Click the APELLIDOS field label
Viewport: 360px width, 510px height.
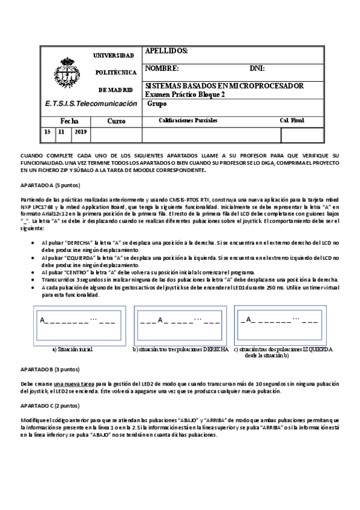[x=166, y=51]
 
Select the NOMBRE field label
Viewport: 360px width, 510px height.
[x=162, y=69]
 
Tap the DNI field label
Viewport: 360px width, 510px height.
[x=257, y=69]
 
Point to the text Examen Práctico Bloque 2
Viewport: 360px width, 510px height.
[x=185, y=94]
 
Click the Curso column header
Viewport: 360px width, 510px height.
[x=116, y=121]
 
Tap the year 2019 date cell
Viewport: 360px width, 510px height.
[x=80, y=132]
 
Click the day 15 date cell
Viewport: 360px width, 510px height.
[x=47, y=132]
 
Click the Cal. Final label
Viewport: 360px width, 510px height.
[x=292, y=121]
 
